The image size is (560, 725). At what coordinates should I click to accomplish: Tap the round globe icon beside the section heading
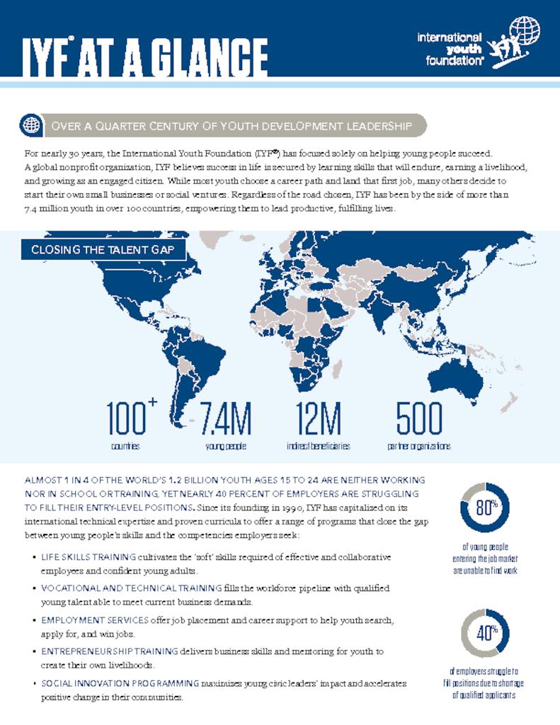tap(30, 125)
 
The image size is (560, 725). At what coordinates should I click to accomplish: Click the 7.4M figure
tap(225, 419)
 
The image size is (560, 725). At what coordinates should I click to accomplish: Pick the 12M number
tap(318, 419)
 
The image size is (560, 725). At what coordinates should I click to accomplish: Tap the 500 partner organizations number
tap(419, 419)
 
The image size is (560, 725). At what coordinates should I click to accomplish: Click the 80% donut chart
tap(484, 507)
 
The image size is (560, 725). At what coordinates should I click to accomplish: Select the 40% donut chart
tap(484, 633)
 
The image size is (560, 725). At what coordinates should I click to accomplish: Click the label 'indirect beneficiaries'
tap(318, 447)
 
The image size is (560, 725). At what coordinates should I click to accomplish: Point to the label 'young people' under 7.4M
tap(225, 447)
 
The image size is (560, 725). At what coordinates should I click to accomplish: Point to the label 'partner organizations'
tap(419, 447)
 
